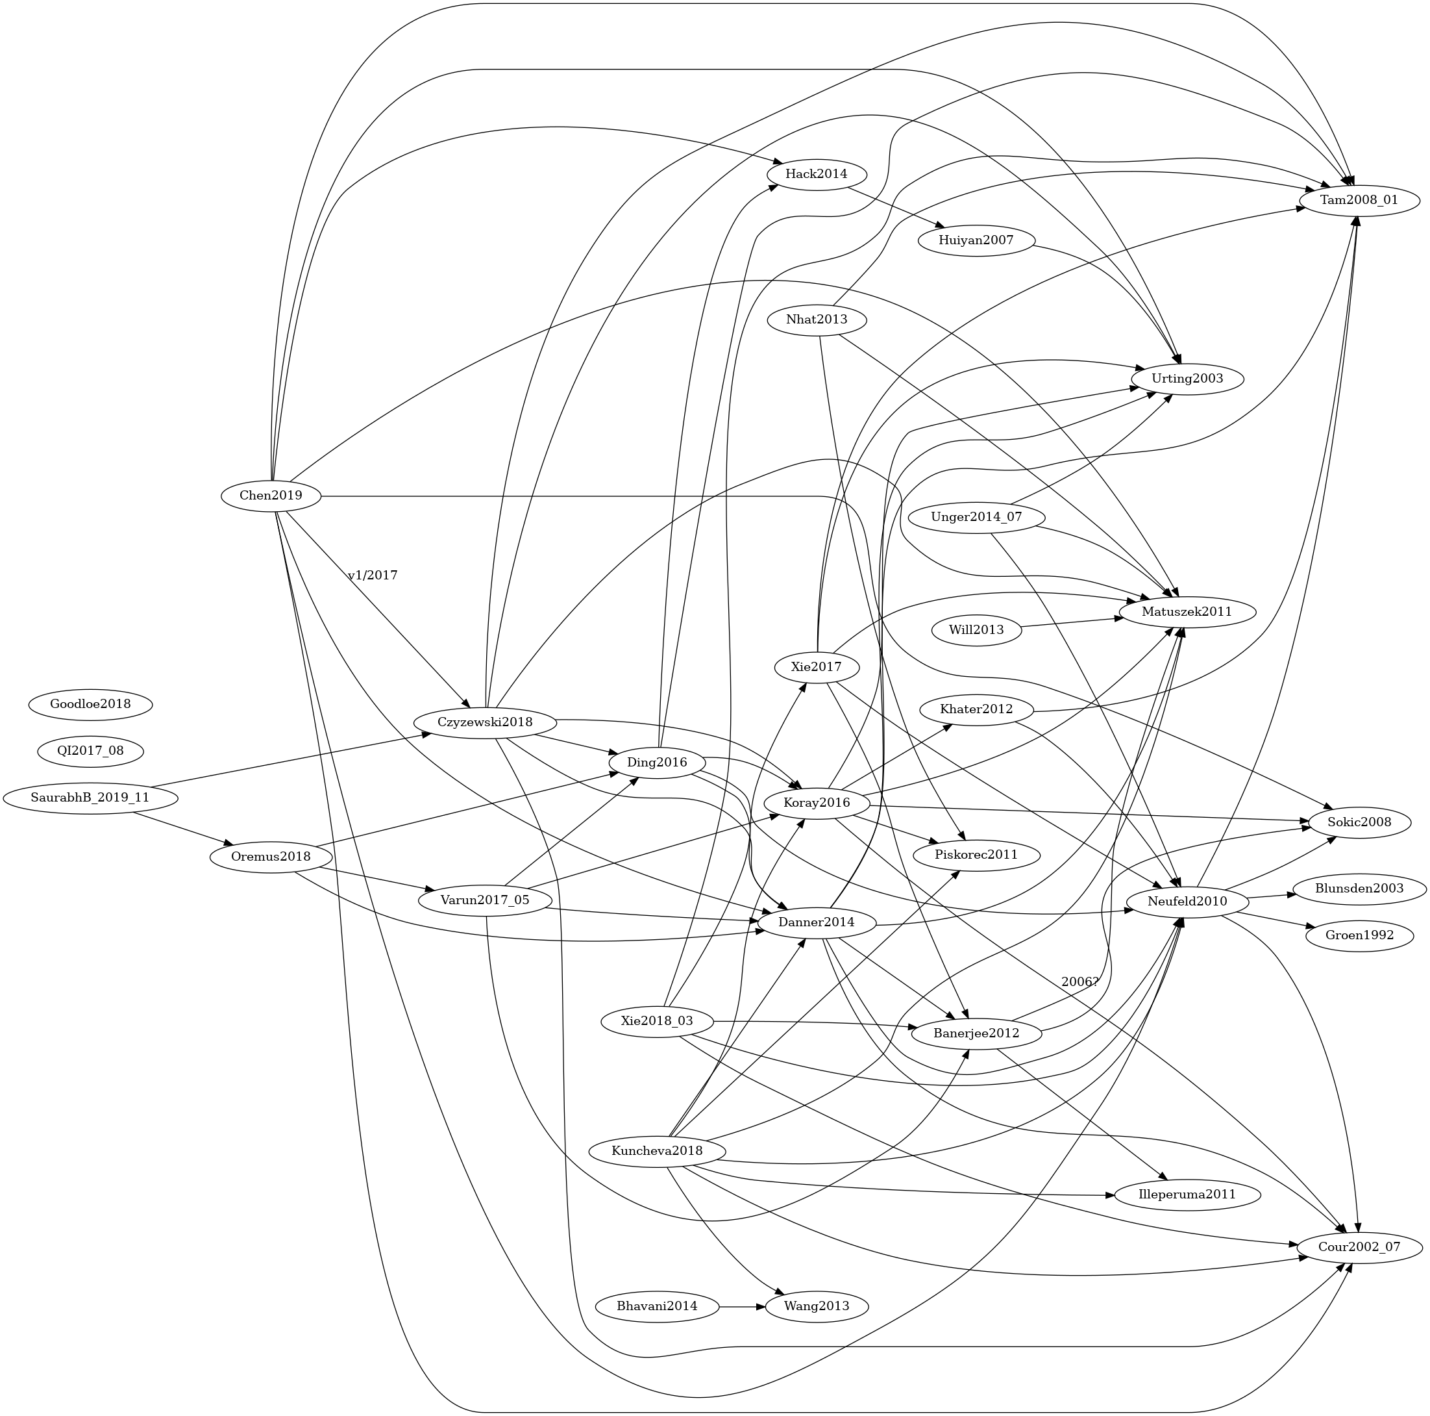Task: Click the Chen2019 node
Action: coord(271,496)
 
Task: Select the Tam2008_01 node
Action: coord(1360,201)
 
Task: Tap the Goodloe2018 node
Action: coord(90,703)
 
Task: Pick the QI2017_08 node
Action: coord(90,751)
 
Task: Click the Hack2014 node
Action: coord(817,174)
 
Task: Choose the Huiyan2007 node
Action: coord(976,240)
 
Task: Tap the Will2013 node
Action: coord(976,630)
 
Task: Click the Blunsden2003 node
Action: coord(1360,889)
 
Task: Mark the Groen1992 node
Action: coord(1360,935)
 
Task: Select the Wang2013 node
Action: coord(817,1306)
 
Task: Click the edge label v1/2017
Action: coord(373,575)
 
